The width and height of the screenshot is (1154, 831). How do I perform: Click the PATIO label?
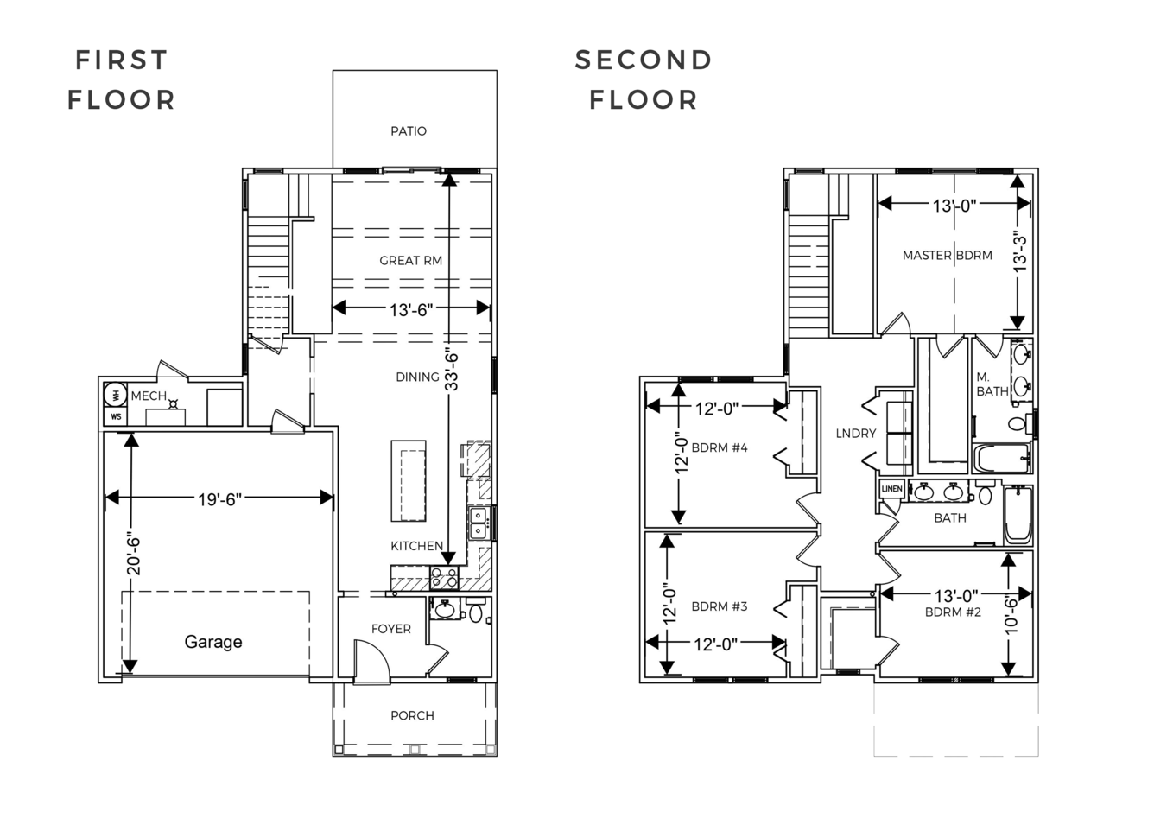[x=409, y=131]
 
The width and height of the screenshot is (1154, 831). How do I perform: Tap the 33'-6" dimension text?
[x=451, y=371]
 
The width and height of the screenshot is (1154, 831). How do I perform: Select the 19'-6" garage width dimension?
[x=219, y=499]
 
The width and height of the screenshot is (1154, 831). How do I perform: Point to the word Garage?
[x=213, y=642]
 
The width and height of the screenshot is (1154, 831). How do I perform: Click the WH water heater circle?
[x=116, y=395]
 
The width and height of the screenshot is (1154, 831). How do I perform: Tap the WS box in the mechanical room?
[x=116, y=416]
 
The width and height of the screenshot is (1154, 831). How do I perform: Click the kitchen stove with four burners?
[x=444, y=578]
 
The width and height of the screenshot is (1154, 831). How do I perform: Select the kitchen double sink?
[x=479, y=523]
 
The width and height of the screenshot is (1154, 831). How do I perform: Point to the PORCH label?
[x=412, y=715]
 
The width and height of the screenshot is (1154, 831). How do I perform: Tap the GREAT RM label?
[x=410, y=261]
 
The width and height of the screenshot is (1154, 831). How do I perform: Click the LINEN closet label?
[x=891, y=488]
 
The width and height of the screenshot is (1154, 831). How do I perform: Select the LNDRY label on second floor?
[x=856, y=434]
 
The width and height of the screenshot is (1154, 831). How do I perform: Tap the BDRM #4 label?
[x=720, y=447]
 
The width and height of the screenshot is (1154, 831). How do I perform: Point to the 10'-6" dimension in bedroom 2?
[x=1011, y=615]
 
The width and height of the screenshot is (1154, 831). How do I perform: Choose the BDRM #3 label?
[x=720, y=606]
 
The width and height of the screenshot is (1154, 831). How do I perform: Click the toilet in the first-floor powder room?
[x=476, y=611]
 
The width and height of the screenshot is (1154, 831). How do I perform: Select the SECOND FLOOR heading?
[x=644, y=79]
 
